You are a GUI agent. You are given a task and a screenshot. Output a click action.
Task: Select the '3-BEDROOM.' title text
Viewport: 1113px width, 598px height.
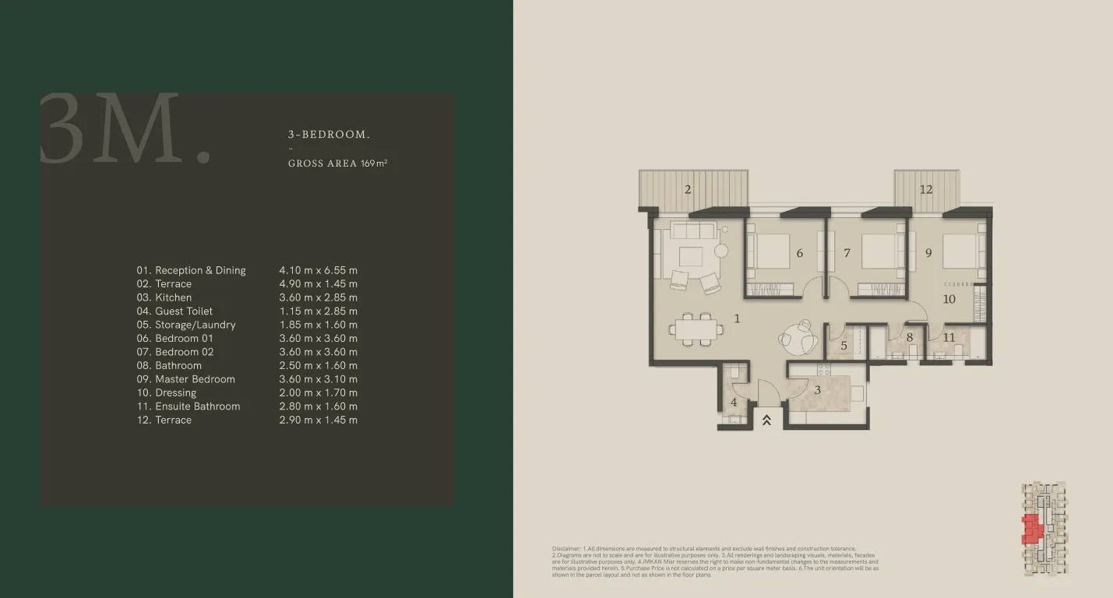click(329, 135)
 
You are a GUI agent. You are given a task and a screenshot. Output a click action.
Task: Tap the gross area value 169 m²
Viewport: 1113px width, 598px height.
click(374, 164)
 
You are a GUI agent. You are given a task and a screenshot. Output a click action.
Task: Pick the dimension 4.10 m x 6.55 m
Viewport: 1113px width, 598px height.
click(318, 270)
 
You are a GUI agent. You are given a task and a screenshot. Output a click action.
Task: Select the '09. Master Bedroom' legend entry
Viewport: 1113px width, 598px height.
click(185, 379)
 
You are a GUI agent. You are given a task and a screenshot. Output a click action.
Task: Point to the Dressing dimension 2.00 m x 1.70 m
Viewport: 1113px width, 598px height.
click(318, 392)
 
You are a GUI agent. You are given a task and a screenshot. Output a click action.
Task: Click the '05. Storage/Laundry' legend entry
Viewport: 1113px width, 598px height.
click(185, 325)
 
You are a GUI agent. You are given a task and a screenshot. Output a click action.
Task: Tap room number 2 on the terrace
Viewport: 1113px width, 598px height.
click(688, 189)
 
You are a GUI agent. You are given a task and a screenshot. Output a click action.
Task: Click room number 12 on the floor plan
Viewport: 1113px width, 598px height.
click(925, 189)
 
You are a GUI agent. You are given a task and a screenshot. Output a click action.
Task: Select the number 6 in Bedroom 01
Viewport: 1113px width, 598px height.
click(799, 253)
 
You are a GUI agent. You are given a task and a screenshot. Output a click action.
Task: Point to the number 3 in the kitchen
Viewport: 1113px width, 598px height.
click(817, 389)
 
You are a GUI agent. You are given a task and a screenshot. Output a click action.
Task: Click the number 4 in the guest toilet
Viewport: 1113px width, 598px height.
click(734, 403)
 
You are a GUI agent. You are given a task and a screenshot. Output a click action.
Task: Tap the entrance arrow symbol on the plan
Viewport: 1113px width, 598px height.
click(766, 420)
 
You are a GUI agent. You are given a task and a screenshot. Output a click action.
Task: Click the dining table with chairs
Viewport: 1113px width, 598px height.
click(698, 329)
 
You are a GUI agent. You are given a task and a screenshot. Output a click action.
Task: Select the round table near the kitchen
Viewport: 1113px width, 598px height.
click(795, 337)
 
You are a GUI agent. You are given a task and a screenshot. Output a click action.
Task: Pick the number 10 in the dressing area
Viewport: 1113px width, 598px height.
click(949, 299)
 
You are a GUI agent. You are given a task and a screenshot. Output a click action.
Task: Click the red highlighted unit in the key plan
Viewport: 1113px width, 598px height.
click(1032, 529)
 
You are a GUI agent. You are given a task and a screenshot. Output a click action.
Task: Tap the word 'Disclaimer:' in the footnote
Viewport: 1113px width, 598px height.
click(566, 549)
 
